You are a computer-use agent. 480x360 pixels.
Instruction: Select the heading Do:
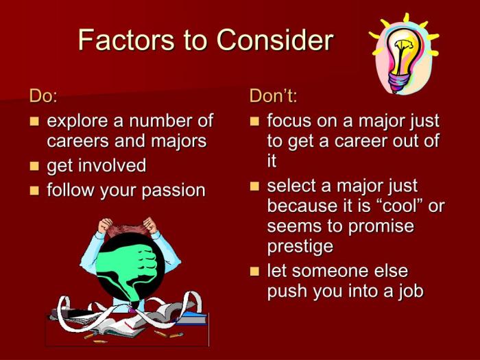43,96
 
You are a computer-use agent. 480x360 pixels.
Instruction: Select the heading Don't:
273,96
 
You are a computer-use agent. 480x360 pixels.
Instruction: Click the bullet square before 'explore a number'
34,122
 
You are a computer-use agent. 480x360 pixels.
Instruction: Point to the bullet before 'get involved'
34,166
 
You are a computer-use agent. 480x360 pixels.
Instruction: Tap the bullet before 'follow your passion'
34,190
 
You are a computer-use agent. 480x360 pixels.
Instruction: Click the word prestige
300,245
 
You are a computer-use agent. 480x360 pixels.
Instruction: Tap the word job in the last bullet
409,291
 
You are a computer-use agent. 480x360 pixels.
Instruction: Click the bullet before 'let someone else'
255,270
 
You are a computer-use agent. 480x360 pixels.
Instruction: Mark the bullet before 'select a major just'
255,186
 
